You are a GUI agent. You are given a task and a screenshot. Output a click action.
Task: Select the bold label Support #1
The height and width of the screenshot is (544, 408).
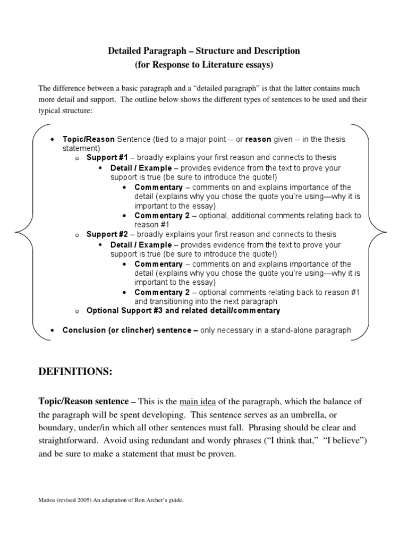coord(106,158)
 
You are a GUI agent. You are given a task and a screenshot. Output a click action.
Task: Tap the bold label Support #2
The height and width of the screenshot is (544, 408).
coord(106,234)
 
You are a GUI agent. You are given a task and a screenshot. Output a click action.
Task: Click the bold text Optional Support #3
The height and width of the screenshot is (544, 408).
coord(124,310)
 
